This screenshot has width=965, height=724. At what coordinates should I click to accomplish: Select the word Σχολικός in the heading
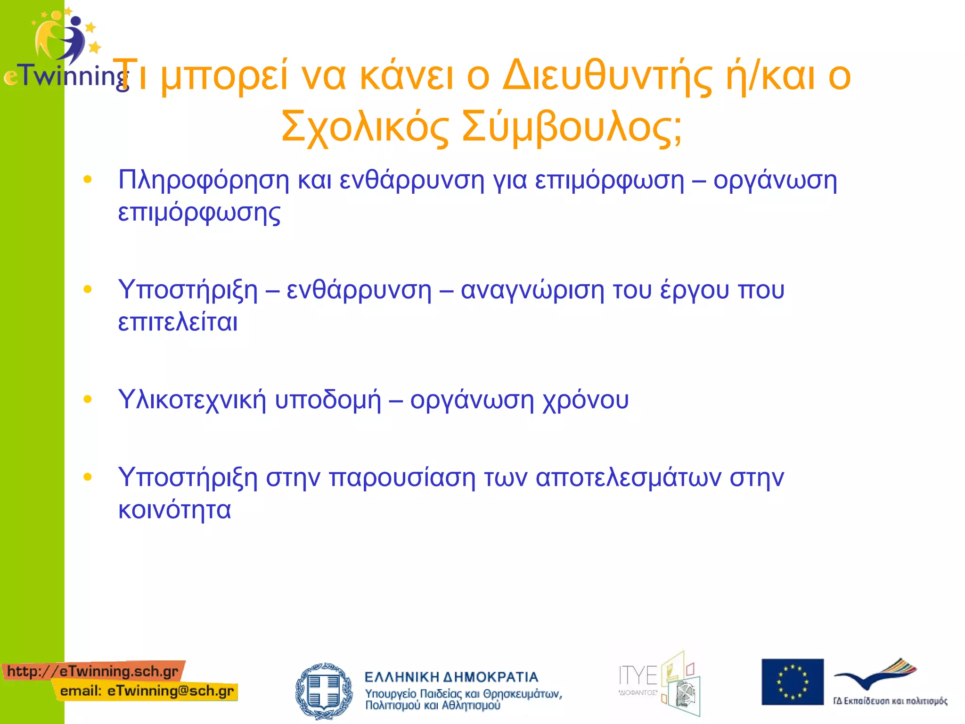[x=365, y=126]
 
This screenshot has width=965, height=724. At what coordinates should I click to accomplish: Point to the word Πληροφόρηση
[x=203, y=181]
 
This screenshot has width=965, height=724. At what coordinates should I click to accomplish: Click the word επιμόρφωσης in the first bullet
[x=199, y=213]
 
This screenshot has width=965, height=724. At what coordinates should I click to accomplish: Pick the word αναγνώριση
[x=532, y=290]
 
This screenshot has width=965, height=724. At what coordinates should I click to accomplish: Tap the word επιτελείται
[x=178, y=322]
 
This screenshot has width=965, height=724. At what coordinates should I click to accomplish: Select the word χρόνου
[x=586, y=400]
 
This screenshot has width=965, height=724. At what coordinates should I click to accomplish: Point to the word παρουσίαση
[x=402, y=477]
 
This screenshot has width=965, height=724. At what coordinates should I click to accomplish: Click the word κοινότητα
[x=174, y=510]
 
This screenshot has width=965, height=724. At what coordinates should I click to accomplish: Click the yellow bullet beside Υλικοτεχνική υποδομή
[x=88, y=399]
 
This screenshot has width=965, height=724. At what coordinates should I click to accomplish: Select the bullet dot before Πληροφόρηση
[x=88, y=179]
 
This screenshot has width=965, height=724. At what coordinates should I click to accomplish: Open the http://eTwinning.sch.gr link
[x=93, y=671]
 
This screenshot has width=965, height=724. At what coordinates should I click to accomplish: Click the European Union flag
[x=793, y=682]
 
